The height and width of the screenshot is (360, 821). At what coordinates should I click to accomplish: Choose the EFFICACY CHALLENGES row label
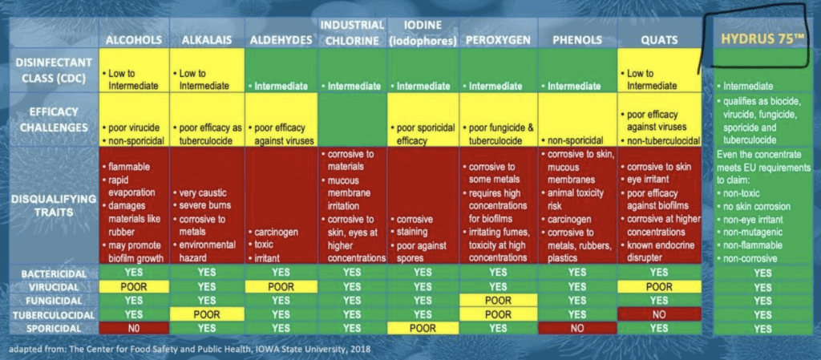coord(53,119)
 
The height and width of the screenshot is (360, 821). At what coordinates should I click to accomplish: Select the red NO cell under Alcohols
coord(134,327)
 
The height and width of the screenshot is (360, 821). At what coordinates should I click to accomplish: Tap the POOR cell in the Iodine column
coord(423,327)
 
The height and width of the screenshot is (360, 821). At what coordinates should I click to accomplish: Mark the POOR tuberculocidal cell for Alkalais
coord(205,313)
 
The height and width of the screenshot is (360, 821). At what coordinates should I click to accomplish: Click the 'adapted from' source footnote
coord(189,349)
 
